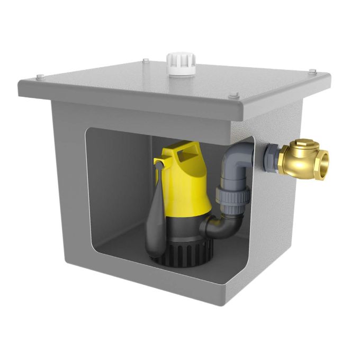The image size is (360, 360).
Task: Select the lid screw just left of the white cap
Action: (x=144, y=62)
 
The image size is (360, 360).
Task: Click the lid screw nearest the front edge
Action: (x=233, y=96)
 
